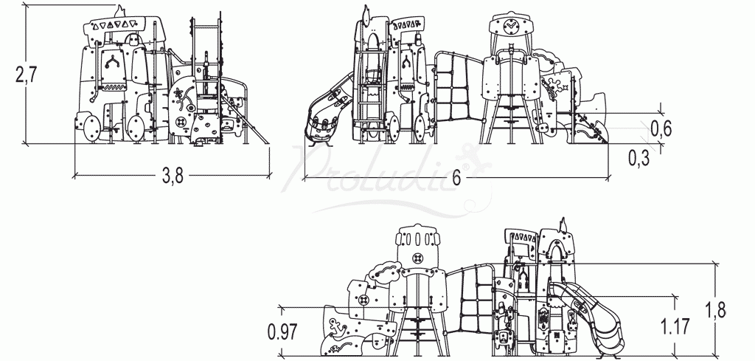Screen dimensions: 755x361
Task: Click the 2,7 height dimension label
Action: click(x=26, y=75)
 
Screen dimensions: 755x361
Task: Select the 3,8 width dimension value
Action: click(x=173, y=176)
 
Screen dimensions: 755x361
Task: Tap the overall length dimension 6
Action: click(x=456, y=178)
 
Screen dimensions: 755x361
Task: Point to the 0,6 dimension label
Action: click(x=661, y=128)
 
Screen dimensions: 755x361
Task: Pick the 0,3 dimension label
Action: click(x=639, y=158)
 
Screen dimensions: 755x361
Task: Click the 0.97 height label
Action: click(x=282, y=331)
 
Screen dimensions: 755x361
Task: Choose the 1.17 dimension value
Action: click(x=675, y=326)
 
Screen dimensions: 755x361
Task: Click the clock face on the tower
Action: click(x=510, y=25)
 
